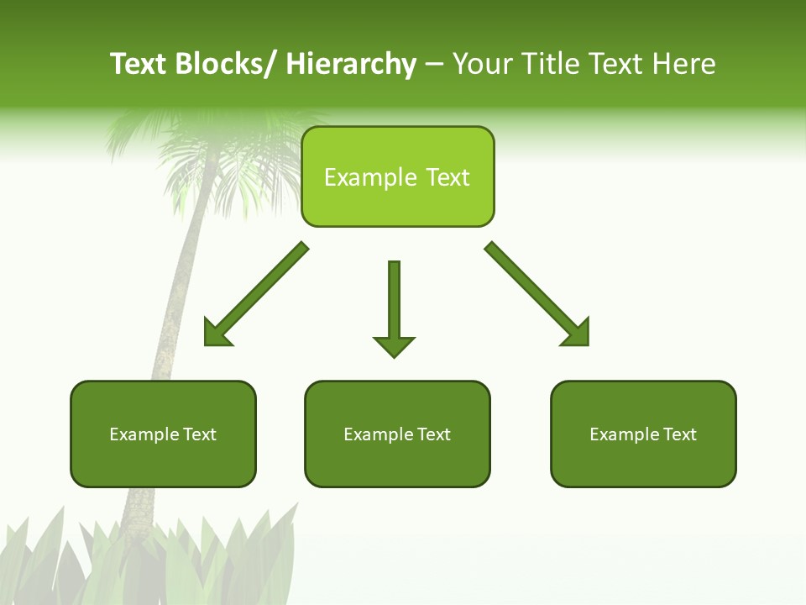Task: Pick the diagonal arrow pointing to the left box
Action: pos(256,294)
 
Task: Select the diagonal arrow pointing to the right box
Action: pos(537,294)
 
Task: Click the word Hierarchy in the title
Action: pos(351,64)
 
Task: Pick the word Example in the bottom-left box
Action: pos(144,434)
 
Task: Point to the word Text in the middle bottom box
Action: pos(432,434)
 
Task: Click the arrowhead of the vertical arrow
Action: pos(394,346)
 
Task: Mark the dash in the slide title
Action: pos(434,64)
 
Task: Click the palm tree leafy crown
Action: pos(222,160)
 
